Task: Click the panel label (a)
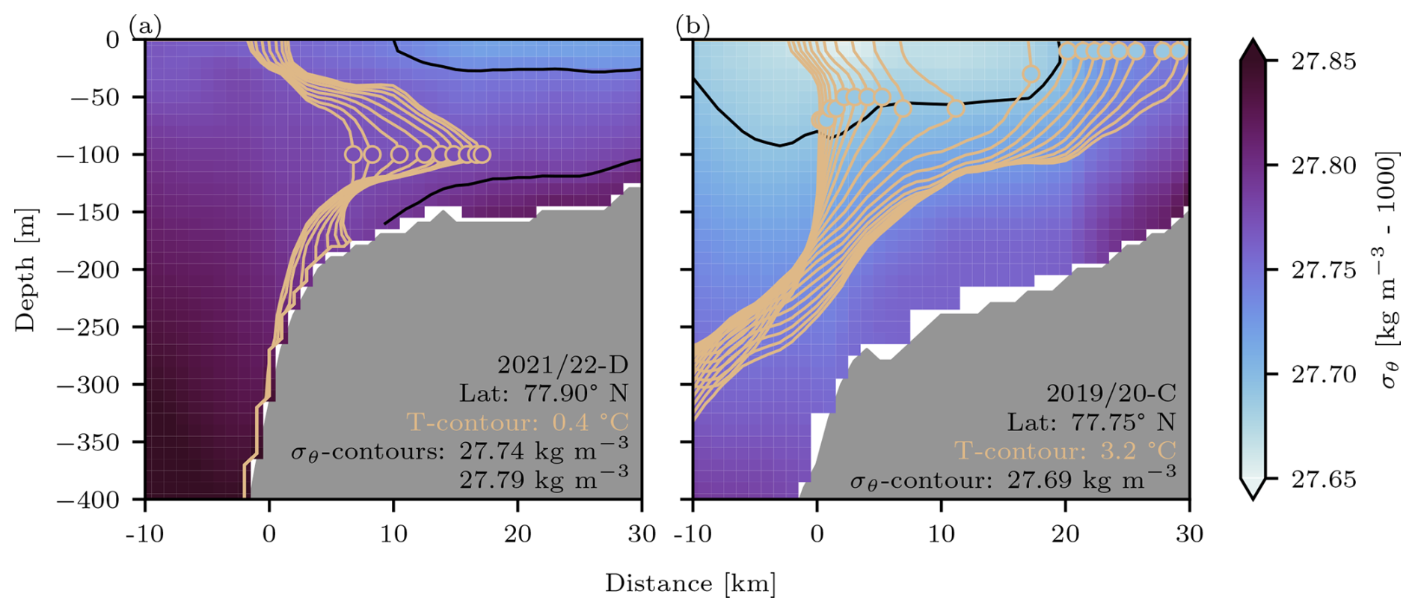click(145, 27)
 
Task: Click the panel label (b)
click(693, 27)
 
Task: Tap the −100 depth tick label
click(88, 155)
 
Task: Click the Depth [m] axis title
click(25, 269)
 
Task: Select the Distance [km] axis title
click(690, 584)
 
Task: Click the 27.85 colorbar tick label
click(1323, 61)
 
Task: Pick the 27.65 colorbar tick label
click(1323, 479)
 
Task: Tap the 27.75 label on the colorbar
click(1323, 270)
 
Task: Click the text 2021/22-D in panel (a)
click(562, 364)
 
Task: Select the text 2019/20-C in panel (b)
click(1111, 393)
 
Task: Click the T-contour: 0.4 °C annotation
click(517, 423)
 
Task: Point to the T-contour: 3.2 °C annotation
click(1065, 451)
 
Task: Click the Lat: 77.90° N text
click(544, 394)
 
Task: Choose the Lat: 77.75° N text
click(1091, 422)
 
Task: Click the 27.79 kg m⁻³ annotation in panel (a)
click(544, 480)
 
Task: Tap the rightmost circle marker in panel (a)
click(482, 155)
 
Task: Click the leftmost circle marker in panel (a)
click(353, 155)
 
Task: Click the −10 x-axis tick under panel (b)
click(693, 534)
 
